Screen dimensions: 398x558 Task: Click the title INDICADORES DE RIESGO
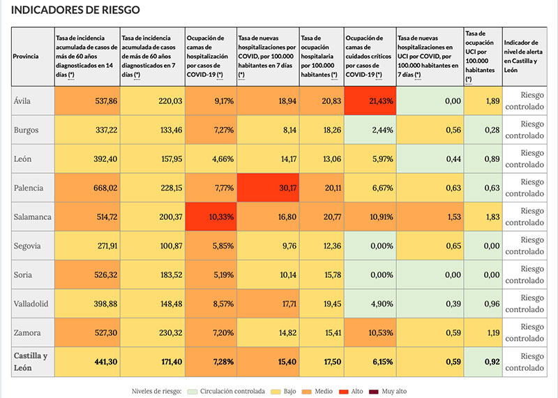tap(76, 10)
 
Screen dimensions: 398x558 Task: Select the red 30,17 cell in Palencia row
tap(267, 187)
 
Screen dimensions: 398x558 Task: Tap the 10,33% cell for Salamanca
tap(211, 216)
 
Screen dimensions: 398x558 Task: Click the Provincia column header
tap(26, 55)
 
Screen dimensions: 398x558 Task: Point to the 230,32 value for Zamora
tap(151, 332)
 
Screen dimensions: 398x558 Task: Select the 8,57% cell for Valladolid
tap(211, 303)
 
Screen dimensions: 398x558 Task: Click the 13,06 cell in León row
tap(321, 159)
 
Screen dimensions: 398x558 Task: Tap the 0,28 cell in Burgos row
tap(483, 130)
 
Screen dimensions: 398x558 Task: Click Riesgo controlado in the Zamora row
tap(529, 332)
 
